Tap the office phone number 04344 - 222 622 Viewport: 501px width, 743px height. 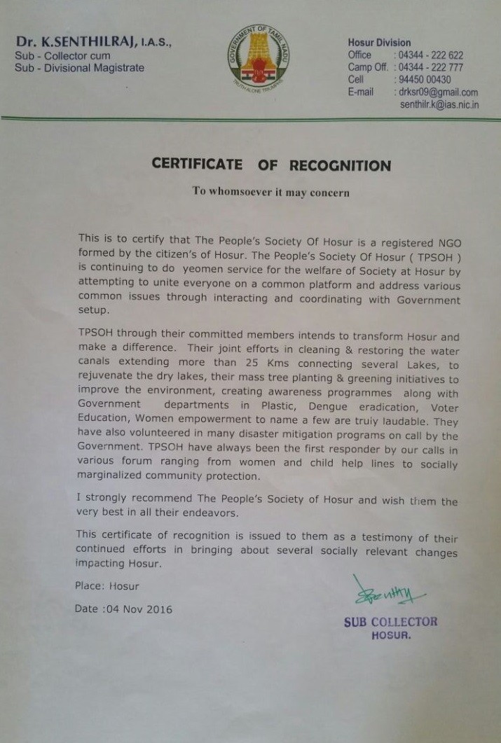coord(428,55)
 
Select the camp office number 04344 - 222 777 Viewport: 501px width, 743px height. coord(428,67)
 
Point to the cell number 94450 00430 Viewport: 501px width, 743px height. coord(425,80)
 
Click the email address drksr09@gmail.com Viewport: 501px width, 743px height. coord(438,92)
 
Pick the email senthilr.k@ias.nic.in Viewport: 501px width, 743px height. coord(439,104)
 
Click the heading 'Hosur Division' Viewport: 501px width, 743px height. coord(379,43)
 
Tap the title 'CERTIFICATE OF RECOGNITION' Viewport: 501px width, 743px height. coord(271,165)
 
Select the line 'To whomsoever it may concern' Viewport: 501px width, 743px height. coord(270,192)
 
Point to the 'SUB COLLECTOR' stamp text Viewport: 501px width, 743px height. coord(390,622)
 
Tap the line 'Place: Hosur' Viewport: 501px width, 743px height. coord(107,586)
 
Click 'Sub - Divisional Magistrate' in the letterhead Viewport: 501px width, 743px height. coord(80,68)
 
